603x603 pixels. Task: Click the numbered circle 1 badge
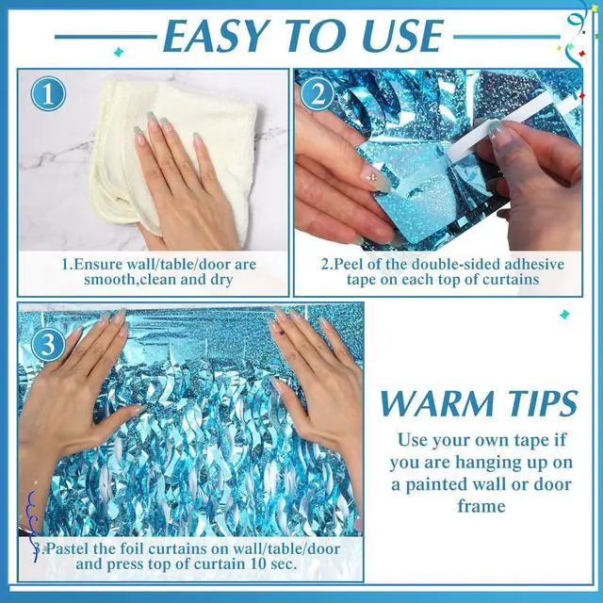click(x=48, y=94)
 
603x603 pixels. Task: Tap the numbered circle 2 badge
click(x=318, y=94)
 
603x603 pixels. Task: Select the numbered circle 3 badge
click(x=48, y=344)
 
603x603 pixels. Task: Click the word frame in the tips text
click(x=481, y=506)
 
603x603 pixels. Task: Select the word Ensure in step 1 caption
click(x=98, y=265)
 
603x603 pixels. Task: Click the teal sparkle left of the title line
click(x=119, y=52)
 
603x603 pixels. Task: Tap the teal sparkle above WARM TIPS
click(x=564, y=315)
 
